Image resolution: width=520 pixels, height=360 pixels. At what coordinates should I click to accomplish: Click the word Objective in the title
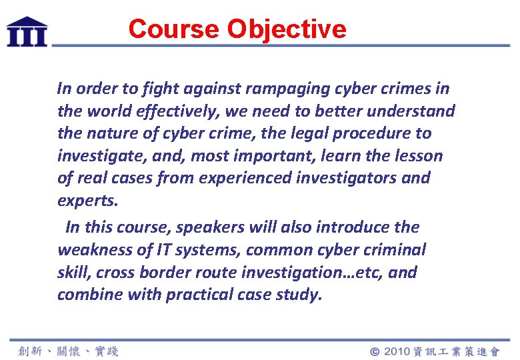point(287,29)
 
